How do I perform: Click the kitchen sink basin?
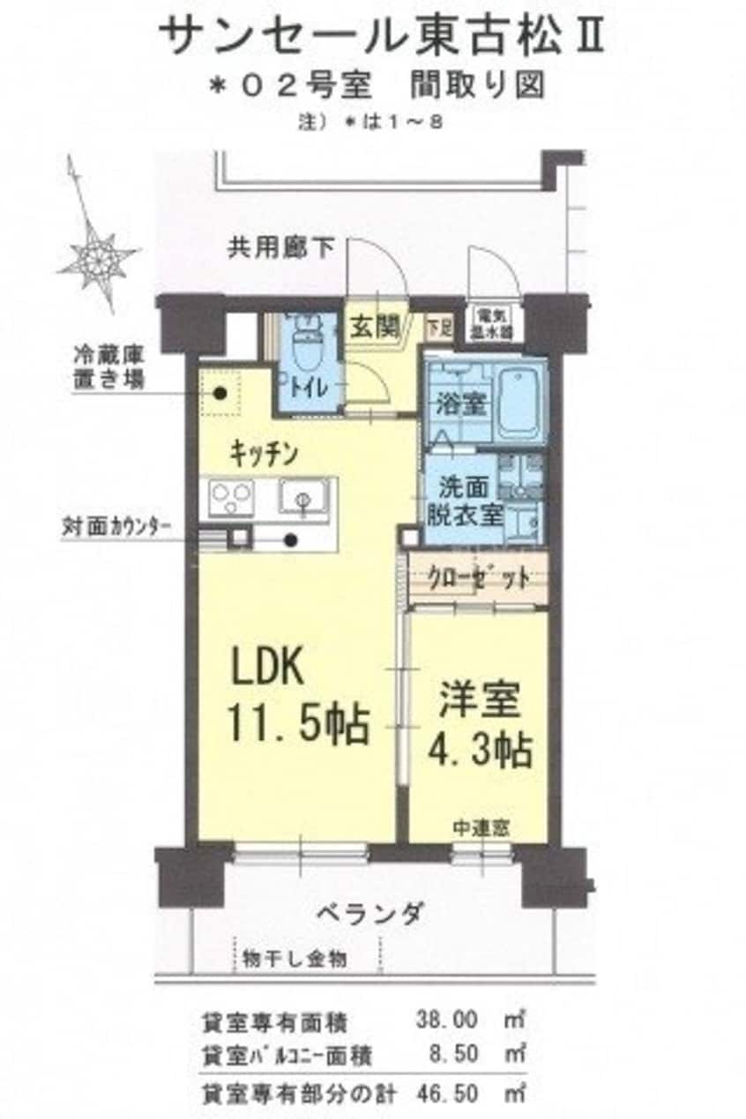(303, 499)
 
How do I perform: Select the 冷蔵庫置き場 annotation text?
(109, 370)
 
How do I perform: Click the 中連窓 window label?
(480, 828)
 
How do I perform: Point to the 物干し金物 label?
(295, 959)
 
